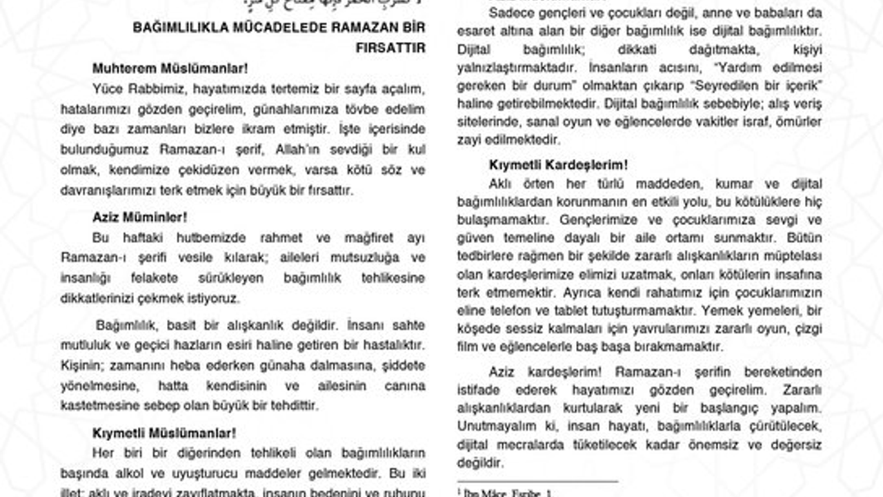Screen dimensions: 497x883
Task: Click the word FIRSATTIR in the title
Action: click(x=390, y=48)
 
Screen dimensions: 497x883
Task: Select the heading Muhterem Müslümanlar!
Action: click(x=170, y=68)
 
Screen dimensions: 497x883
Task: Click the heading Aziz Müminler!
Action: click(x=140, y=217)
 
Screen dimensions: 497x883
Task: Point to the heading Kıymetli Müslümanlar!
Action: click(x=164, y=433)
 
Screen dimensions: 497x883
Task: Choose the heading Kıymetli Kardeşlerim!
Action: click(x=558, y=165)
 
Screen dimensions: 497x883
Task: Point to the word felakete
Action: click(x=158, y=278)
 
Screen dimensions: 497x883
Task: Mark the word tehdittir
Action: click(x=294, y=406)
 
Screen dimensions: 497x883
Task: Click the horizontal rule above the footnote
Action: click(x=537, y=482)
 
